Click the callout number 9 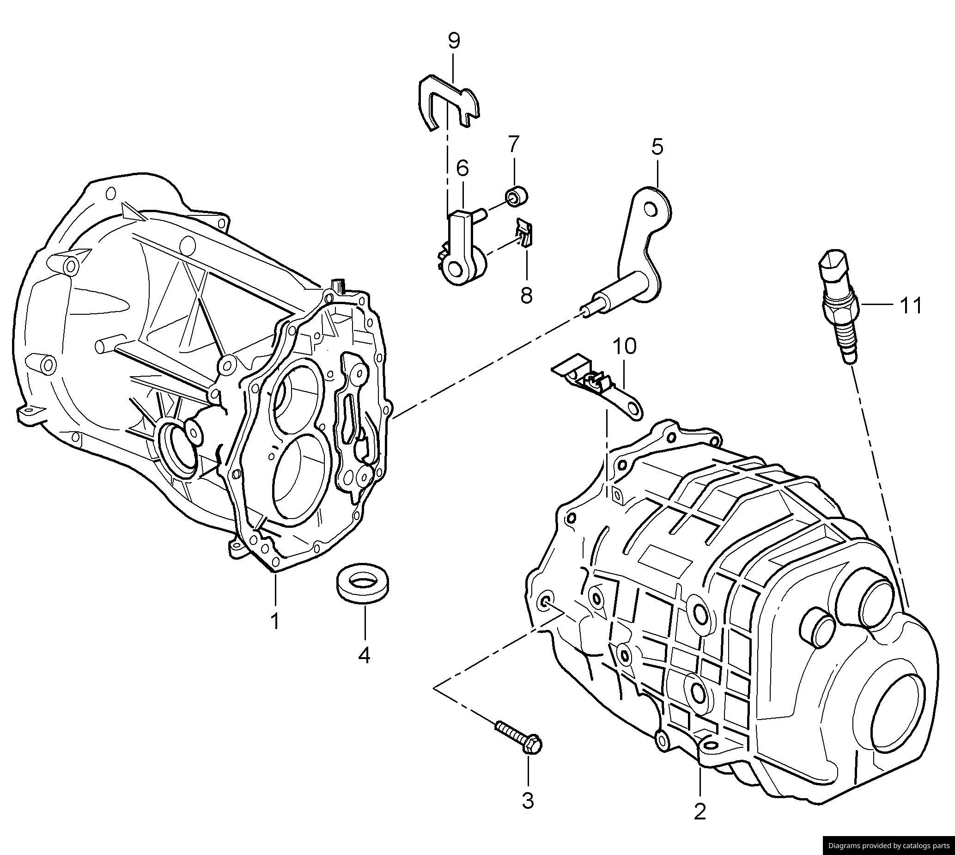click(453, 41)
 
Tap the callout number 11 click(910, 306)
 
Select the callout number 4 click(365, 655)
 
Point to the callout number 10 click(625, 346)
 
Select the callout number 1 click(274, 621)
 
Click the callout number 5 click(657, 147)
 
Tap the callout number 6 click(462, 168)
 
